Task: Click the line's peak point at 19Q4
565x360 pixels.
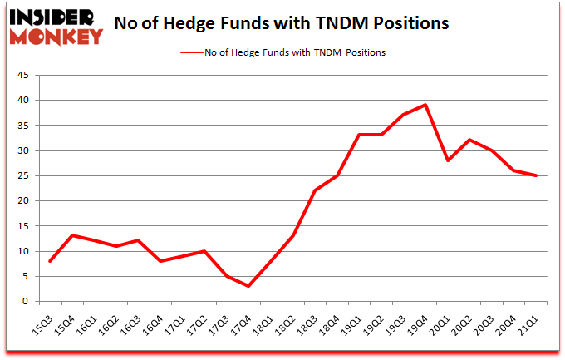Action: [426, 105]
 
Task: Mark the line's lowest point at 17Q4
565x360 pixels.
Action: [248, 286]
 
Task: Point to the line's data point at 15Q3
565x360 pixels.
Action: [51, 261]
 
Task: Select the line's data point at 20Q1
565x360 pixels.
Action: [449, 160]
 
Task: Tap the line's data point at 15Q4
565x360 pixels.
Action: [73, 235]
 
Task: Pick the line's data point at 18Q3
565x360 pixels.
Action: [315, 190]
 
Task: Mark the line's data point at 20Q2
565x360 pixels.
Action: [471, 140]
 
